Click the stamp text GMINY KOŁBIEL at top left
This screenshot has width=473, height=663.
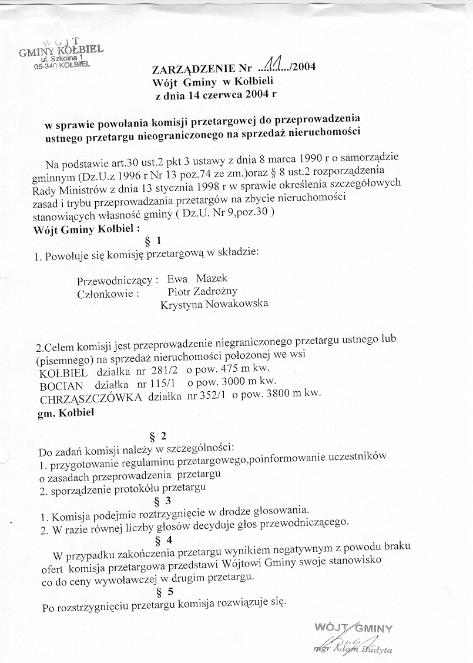[61, 51]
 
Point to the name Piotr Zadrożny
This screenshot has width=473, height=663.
[203, 291]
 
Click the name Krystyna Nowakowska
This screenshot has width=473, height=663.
[214, 304]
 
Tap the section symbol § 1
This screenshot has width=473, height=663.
[153, 240]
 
